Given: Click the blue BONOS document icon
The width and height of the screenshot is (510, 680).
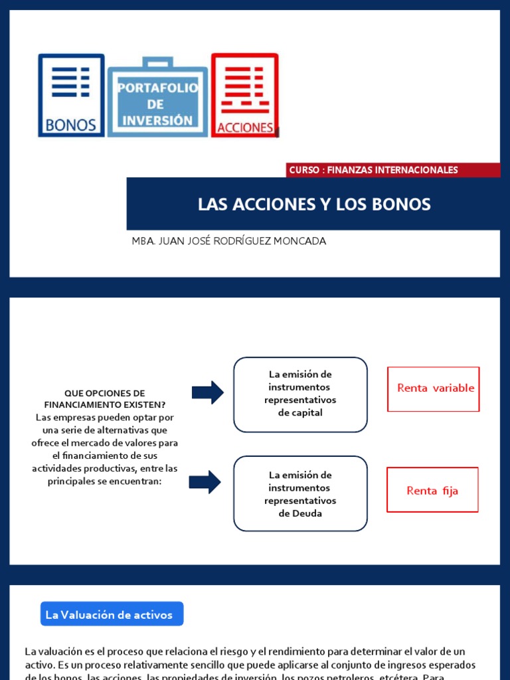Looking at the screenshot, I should [x=71, y=95].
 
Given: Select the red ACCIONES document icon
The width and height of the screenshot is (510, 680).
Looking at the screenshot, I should [x=244, y=95].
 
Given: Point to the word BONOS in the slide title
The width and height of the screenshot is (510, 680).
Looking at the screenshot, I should [x=404, y=205].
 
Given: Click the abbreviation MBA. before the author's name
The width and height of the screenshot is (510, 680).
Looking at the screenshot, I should [x=143, y=241].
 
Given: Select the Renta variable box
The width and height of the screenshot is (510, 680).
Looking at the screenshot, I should [x=434, y=388].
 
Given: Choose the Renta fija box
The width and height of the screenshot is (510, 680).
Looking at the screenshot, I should [x=432, y=490].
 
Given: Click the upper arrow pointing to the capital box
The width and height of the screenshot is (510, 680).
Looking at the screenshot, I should [x=208, y=392].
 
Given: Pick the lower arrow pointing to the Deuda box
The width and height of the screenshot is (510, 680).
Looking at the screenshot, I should [x=205, y=481].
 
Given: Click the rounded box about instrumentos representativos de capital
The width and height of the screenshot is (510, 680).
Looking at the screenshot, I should [x=300, y=394].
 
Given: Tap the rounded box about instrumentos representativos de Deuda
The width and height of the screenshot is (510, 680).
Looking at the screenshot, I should [x=300, y=493].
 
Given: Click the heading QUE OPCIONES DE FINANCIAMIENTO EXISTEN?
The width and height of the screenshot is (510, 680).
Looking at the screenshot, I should [x=104, y=398].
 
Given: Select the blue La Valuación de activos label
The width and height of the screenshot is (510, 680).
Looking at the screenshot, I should [x=110, y=614].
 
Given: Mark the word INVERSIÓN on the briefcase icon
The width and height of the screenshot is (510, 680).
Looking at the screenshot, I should [x=157, y=120].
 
